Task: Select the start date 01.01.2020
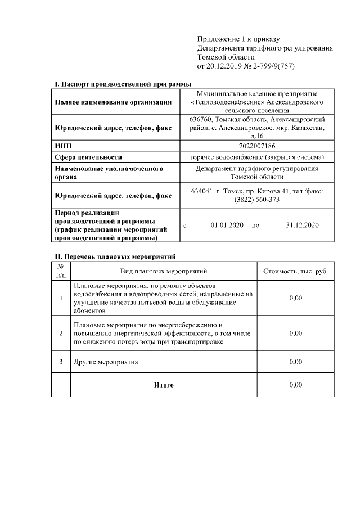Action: [x=227, y=225]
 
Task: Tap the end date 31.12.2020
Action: [x=302, y=225]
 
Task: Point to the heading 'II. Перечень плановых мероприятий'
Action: [x=115, y=257]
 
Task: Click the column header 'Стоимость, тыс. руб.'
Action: [x=295, y=271]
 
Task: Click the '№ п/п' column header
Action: [x=61, y=271]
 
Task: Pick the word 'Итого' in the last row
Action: [x=164, y=385]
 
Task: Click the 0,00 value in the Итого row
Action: [x=295, y=385]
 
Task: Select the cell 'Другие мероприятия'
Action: [x=106, y=361]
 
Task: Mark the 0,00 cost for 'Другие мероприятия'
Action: [x=295, y=361]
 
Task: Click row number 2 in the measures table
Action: [x=61, y=333]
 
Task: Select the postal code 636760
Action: [x=200, y=120]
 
